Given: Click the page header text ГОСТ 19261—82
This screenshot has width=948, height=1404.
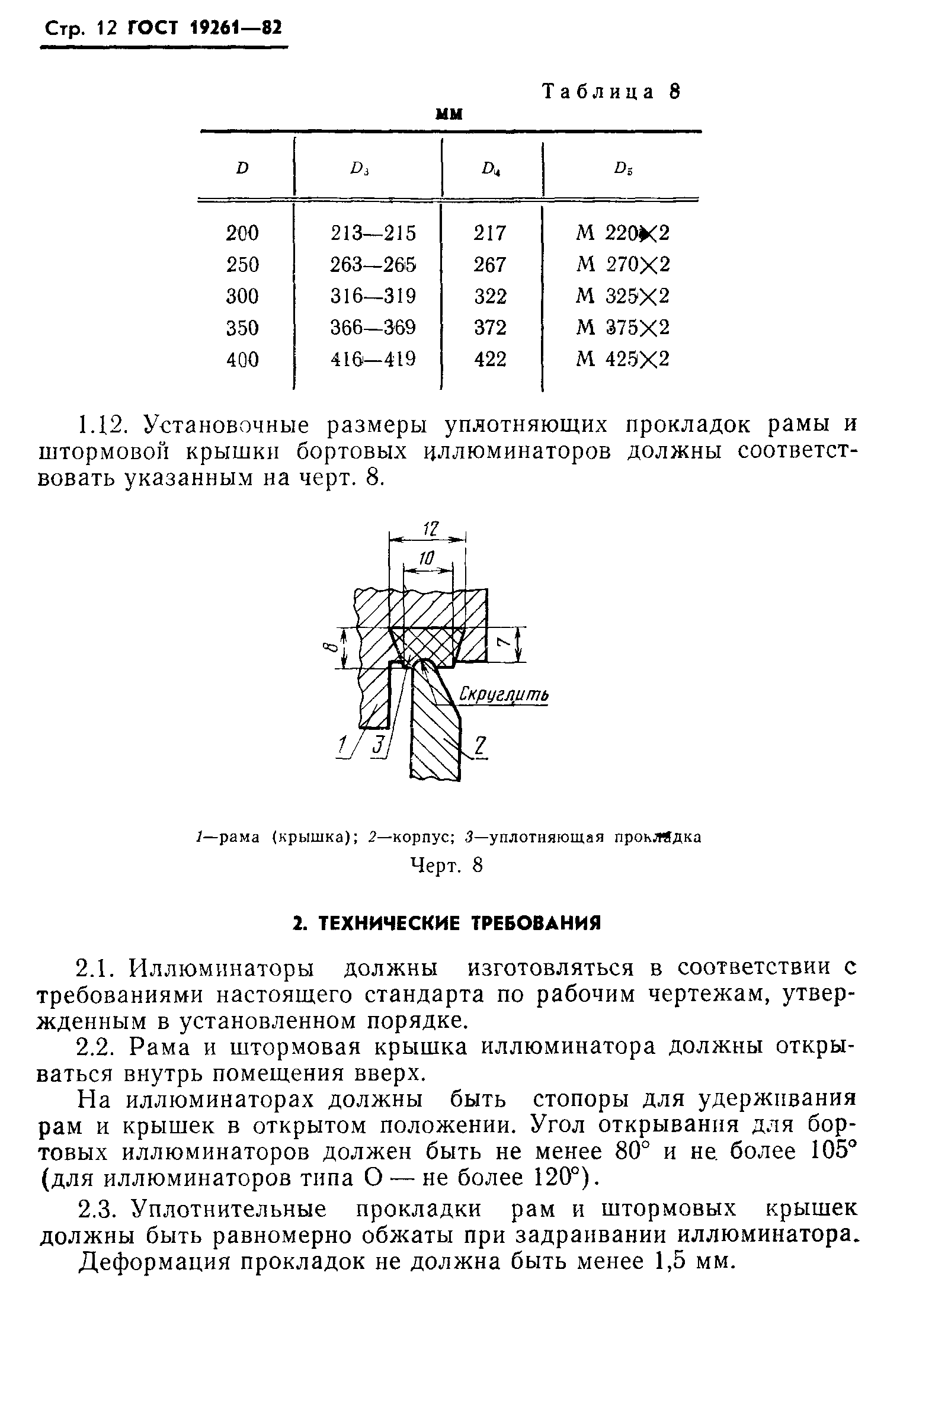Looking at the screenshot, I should click(205, 28).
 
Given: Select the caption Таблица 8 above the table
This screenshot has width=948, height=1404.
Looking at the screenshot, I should click(611, 92).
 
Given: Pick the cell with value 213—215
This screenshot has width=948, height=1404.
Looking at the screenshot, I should click(373, 233).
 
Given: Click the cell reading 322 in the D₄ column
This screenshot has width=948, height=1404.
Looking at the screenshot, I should click(489, 296).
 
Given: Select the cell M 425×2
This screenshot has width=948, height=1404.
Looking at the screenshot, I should click(623, 360).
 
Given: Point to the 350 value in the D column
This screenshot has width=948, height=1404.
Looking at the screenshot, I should click(242, 328).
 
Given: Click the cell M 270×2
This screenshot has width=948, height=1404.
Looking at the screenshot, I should click(623, 265).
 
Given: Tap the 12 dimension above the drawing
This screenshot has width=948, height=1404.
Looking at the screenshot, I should click(429, 528).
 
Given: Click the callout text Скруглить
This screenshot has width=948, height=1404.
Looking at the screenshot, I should click(504, 695).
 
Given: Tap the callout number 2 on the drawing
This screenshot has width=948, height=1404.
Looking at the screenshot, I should click(479, 747).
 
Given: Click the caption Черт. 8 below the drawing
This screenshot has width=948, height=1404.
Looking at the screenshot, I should click(446, 866).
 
